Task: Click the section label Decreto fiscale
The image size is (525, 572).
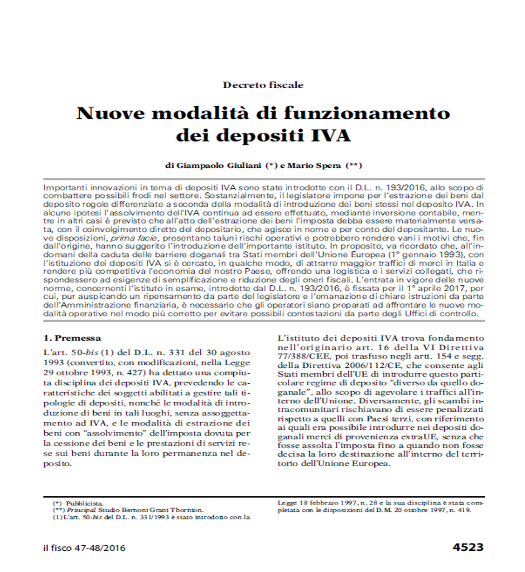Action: pyautogui.click(x=263, y=85)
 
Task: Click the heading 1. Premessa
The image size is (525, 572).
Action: pyautogui.click(x=73, y=338)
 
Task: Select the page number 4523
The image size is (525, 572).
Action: pyautogui.click(x=467, y=547)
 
